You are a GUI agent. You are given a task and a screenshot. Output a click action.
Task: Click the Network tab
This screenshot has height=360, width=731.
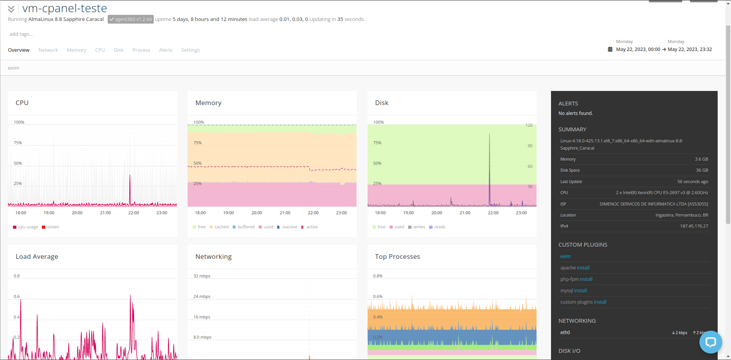tap(48, 50)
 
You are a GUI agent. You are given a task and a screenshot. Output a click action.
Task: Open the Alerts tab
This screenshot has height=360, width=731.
tap(166, 50)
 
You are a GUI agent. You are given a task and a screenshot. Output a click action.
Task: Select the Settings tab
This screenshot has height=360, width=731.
tap(190, 50)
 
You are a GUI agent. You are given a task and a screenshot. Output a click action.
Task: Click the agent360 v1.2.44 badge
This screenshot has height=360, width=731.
tap(131, 19)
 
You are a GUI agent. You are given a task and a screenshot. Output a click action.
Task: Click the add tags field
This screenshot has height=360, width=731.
tap(21, 34)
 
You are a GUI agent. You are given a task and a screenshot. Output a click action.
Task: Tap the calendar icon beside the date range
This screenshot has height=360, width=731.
tap(610, 49)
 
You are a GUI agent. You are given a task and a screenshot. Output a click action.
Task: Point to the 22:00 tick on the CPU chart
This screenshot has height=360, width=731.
tap(134, 213)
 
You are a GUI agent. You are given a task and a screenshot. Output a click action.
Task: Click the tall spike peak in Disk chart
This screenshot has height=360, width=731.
tap(489, 134)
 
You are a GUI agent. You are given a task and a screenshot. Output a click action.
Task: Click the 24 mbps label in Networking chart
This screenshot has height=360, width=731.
tap(202, 296)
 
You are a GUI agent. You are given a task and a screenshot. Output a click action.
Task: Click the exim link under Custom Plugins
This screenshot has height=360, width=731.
tap(565, 256)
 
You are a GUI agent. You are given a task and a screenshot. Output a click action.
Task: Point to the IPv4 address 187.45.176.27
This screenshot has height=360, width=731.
tap(694, 226)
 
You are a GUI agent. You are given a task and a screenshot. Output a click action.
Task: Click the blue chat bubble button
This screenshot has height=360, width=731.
tap(710, 342)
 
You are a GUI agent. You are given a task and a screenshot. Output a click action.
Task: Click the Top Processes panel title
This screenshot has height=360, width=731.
tap(397, 256)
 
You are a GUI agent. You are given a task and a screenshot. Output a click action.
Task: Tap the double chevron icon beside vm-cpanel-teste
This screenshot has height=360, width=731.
tap(11, 9)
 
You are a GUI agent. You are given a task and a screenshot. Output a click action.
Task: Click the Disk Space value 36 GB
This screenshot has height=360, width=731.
tap(702, 170)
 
